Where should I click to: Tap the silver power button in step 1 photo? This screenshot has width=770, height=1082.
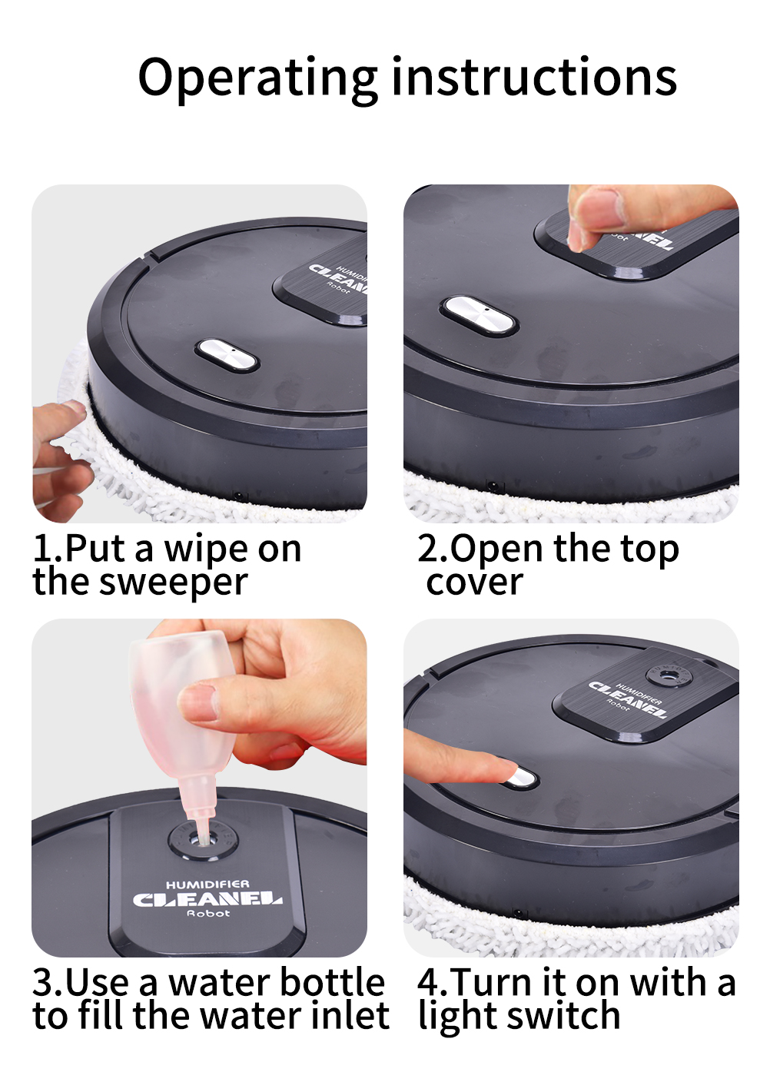227,355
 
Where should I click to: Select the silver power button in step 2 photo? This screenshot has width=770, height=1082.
479,315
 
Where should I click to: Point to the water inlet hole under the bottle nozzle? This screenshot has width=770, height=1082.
203,841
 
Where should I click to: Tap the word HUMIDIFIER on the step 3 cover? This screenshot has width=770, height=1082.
207,885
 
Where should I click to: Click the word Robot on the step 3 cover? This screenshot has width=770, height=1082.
209,912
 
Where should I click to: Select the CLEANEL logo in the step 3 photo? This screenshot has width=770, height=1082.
207,899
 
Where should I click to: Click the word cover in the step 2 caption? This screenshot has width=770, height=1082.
474,582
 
